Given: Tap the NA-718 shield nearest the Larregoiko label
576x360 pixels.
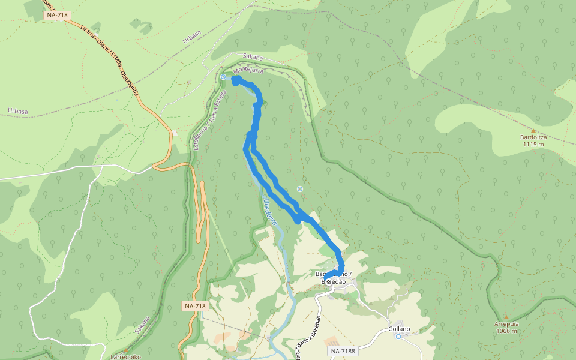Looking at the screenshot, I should click(195, 306).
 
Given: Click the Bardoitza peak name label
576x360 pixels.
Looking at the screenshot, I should click(533, 137).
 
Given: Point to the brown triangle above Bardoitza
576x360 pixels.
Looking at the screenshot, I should click(533, 130).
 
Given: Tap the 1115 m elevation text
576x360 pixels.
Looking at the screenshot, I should click(533, 144).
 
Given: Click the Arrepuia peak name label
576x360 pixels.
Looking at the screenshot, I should click(506, 323).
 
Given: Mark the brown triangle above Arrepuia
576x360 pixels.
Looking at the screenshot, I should click(506, 316).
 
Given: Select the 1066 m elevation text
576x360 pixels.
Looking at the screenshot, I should click(506, 331).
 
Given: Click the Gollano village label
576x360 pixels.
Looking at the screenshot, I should click(398, 329).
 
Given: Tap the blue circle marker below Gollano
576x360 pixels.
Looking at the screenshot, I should click(398, 337).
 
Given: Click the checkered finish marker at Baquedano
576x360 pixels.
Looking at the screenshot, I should click(328, 281).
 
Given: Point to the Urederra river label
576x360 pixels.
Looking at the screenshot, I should click(270, 212).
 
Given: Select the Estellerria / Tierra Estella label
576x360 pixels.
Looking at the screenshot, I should click(211, 121).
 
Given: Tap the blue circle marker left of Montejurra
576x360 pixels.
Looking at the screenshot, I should click(223, 77).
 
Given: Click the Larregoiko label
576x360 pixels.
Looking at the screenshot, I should click(126, 356).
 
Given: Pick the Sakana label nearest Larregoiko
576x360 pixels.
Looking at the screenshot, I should click(143, 325).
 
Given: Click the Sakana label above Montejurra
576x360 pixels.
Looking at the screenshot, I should click(253, 57).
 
